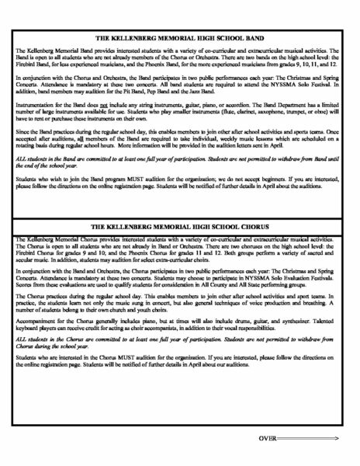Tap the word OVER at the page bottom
tap(267, 440)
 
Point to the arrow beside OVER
tap(306, 440)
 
